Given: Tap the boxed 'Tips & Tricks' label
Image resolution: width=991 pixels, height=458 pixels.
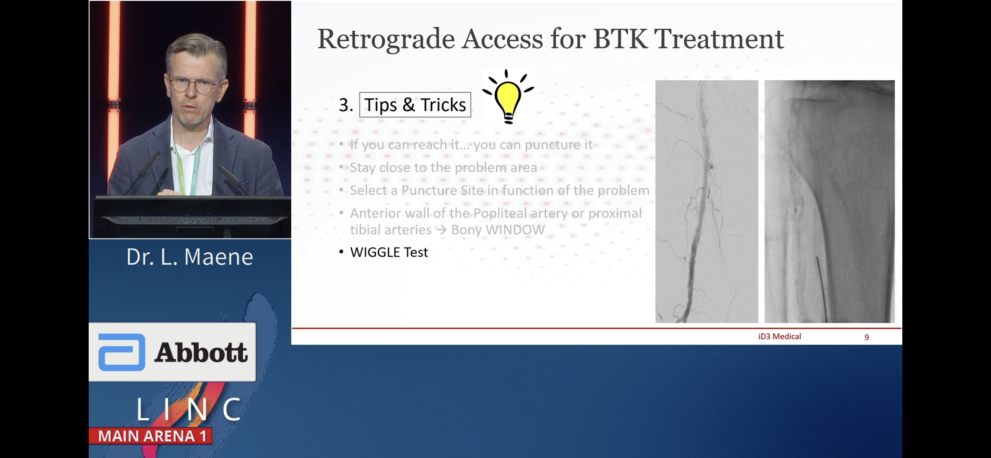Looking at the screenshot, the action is coord(415,105).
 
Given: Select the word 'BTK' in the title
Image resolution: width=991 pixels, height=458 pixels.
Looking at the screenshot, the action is coord(620,39).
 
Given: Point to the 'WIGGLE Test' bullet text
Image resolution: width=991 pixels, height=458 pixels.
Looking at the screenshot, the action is coord(389,252).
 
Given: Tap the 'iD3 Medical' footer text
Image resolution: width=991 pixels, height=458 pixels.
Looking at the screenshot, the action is coord(779,336).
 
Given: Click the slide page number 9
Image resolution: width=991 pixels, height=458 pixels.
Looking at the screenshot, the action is coord(867,337).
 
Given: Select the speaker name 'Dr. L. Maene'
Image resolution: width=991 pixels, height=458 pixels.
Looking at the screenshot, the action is coord(190,257).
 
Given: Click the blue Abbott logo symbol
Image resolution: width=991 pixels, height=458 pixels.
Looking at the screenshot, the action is coord(122,352).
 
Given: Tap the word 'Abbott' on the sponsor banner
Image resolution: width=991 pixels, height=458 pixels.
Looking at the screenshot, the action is coord(201,352).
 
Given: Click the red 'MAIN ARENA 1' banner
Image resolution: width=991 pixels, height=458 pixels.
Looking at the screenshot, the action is coord(151,436).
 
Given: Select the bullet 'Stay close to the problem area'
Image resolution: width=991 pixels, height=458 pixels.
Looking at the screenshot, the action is coord(443,168).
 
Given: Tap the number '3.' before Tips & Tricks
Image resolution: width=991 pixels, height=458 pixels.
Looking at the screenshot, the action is coord(346,105).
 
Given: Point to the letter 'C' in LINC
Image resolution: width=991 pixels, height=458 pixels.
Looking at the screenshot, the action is coord(232,409).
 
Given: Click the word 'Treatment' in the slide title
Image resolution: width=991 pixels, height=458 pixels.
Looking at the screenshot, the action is coord(719,39).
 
